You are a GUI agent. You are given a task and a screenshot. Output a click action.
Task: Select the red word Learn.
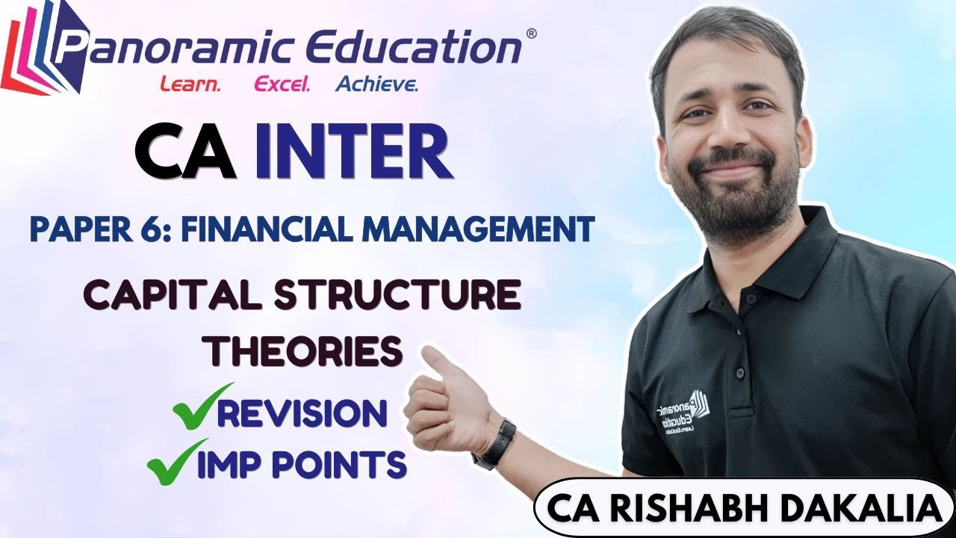tap(190, 84)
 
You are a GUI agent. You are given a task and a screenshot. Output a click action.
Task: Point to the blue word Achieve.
tap(377, 84)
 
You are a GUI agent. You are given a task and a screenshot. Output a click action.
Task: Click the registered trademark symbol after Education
tap(531, 34)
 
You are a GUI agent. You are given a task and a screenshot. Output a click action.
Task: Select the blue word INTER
tap(353, 154)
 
